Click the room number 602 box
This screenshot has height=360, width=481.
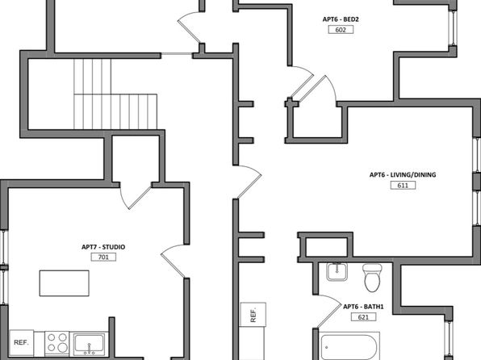click(x=341, y=30)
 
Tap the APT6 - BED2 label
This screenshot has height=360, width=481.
click(x=341, y=19)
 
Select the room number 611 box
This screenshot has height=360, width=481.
click(x=403, y=186)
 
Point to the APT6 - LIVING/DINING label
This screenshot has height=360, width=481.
click(x=403, y=175)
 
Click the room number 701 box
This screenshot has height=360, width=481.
click(x=103, y=257)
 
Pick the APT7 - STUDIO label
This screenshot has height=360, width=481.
click(x=103, y=247)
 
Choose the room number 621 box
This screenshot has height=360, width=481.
click(x=363, y=317)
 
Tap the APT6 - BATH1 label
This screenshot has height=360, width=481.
click(x=363, y=307)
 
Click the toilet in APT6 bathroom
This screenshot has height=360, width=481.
click(x=372, y=278)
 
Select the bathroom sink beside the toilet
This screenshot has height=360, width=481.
click(x=337, y=272)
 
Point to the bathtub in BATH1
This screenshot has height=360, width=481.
click(x=349, y=346)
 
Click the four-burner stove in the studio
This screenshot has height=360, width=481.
click(x=57, y=343)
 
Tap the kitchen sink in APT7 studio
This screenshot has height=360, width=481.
click(x=89, y=345)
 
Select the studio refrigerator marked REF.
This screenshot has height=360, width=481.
click(x=22, y=343)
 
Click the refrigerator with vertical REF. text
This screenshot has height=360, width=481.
click(x=253, y=315)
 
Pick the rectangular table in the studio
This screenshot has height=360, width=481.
click(x=65, y=283)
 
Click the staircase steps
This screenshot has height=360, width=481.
click(x=115, y=94)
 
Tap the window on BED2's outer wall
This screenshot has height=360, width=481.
click(x=453, y=28)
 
